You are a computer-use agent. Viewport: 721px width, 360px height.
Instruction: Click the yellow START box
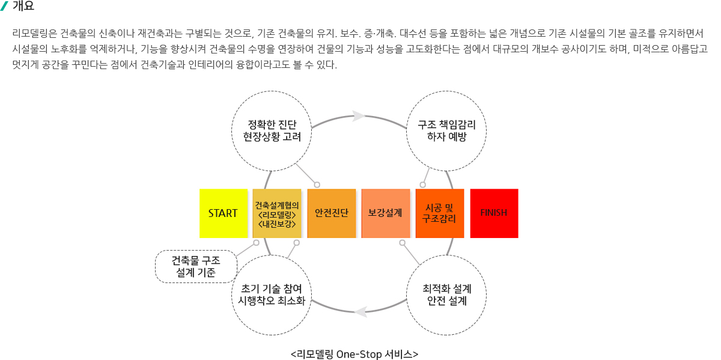224,213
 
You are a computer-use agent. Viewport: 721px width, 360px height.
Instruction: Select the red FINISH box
494,213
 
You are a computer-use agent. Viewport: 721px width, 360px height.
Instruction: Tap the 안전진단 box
332,213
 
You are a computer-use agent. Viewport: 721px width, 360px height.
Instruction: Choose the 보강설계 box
386,213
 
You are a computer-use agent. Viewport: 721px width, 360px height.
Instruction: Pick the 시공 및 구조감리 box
440,213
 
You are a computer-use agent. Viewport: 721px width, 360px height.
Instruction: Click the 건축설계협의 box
277,213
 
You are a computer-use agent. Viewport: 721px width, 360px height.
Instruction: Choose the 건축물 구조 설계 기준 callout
196,267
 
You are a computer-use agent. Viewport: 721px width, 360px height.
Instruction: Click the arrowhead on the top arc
359,116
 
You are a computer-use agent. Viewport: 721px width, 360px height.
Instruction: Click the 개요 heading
23,6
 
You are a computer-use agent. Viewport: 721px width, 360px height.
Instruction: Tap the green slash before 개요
4,6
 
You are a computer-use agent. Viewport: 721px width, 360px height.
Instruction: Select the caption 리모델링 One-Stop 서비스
354,354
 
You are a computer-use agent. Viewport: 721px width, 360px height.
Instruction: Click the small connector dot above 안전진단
317,185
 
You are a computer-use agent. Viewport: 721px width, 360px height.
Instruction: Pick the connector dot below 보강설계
403,243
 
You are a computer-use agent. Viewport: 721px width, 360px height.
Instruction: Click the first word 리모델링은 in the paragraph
35,33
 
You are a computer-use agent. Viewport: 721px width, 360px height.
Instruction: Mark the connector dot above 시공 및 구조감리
422,185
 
